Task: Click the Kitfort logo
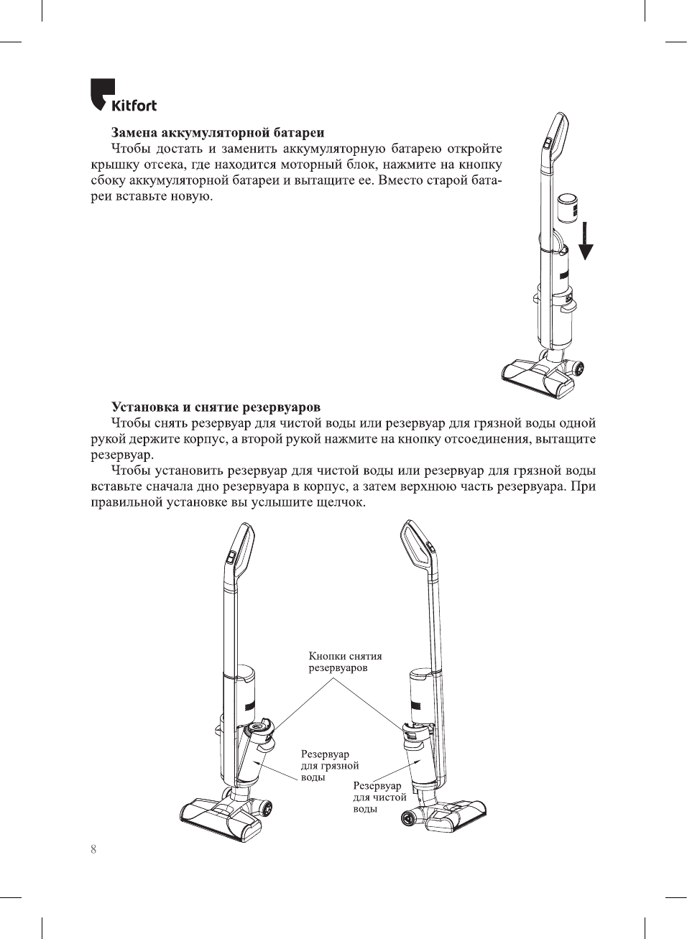click(x=123, y=96)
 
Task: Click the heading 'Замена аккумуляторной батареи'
click(x=217, y=133)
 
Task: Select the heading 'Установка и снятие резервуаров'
click(x=216, y=407)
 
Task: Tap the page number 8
click(x=93, y=849)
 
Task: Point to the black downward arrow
click(x=586, y=241)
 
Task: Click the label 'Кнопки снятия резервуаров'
click(x=345, y=662)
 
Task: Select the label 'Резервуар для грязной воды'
click(x=329, y=766)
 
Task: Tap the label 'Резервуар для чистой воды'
click(x=379, y=797)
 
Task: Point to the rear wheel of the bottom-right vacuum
click(x=412, y=818)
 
